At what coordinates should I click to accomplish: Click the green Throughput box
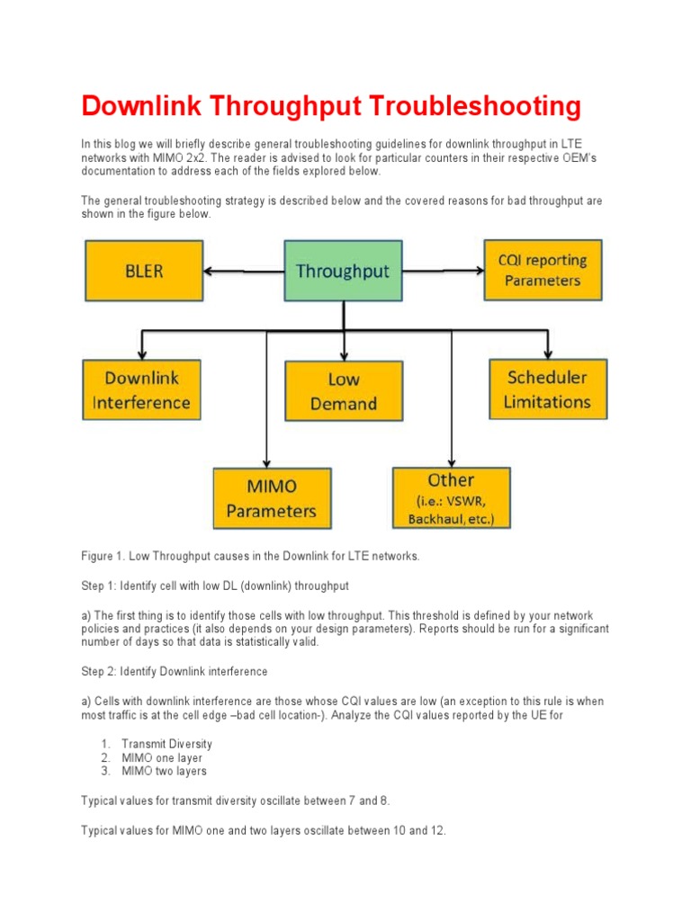coord(343,271)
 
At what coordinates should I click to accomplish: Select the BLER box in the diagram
coord(143,271)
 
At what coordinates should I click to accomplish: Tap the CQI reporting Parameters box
coord(543,270)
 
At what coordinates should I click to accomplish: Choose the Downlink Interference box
coord(141,390)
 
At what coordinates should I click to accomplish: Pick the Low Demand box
coord(344,392)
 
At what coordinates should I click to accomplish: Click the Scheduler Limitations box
coord(548,389)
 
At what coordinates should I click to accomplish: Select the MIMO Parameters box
coord(271,498)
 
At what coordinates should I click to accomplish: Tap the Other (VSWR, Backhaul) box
coord(451,498)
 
